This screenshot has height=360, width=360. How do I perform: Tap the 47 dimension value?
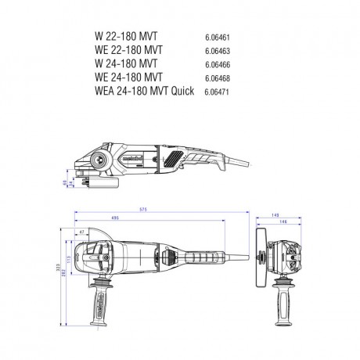point(81,233)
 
